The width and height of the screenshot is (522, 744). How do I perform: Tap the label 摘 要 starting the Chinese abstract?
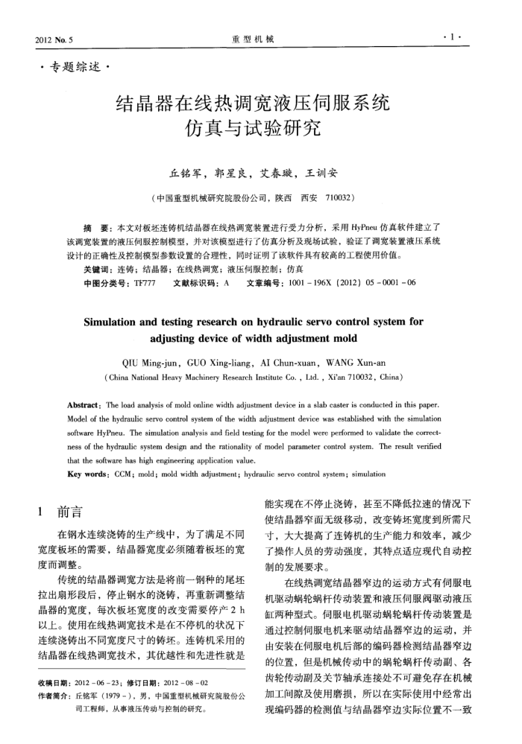pyautogui.click(x=97, y=225)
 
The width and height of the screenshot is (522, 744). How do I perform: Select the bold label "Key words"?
pyautogui.click(x=104, y=474)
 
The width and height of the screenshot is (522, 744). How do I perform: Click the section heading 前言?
pyautogui.click(x=69, y=512)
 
